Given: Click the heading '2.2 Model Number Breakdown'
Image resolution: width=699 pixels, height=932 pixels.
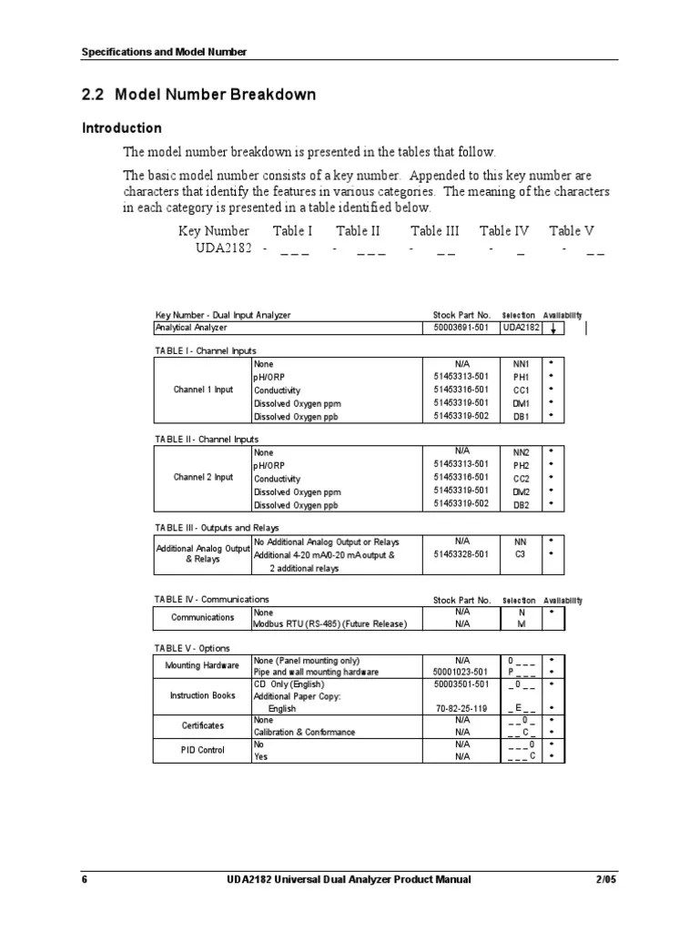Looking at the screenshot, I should pos(198,96).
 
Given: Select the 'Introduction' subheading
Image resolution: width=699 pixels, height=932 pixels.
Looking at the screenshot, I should pos(122,128).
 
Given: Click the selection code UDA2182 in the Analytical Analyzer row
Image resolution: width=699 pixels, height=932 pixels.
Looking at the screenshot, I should pos(522,328).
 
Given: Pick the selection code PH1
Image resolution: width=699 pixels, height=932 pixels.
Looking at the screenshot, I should pos(522,377).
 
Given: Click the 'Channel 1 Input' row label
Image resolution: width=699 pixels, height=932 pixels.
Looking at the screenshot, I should pos(203,390).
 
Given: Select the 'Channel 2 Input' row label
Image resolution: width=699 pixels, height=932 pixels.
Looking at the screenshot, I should pos(203,477).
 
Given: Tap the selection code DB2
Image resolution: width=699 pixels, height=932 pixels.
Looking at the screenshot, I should pos(522,504).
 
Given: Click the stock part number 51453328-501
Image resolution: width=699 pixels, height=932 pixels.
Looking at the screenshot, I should pos(461,553).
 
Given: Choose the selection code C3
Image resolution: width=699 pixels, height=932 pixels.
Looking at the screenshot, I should pos(522,553).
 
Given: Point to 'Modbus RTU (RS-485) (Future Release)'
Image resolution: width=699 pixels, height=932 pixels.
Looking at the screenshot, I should pos(329,623).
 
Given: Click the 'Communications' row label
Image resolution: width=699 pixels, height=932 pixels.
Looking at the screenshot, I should pos(203,617).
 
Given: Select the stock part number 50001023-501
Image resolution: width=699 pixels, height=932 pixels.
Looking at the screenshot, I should pos(461,672).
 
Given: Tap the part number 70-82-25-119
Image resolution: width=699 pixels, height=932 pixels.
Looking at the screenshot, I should pos(461,707).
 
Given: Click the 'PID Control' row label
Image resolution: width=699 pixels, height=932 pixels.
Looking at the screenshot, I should pos(203,750).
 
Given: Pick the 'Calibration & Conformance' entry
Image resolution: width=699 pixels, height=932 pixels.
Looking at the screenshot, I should pos(304,732).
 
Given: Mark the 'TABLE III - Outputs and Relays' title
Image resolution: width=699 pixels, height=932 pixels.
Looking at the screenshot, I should pos(217,527).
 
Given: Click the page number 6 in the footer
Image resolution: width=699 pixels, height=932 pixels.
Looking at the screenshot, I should pos(85,879).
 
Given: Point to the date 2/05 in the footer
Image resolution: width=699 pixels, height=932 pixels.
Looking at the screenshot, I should pos(606,879).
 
